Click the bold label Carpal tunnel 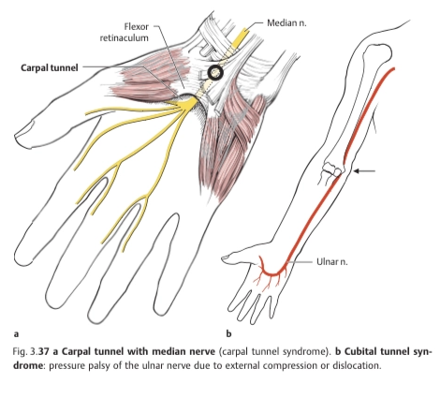click(x=50, y=67)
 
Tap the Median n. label click(x=286, y=22)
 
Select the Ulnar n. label click(x=332, y=261)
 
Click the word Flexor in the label click(x=137, y=27)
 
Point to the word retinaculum click(x=125, y=38)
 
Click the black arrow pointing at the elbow click(x=364, y=170)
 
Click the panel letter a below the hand click(x=16, y=334)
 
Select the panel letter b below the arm click(x=228, y=333)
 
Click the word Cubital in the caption click(x=361, y=352)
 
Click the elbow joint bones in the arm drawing click(x=332, y=170)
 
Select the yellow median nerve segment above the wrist click(x=241, y=35)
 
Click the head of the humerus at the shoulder click(x=378, y=52)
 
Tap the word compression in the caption click(x=288, y=365)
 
